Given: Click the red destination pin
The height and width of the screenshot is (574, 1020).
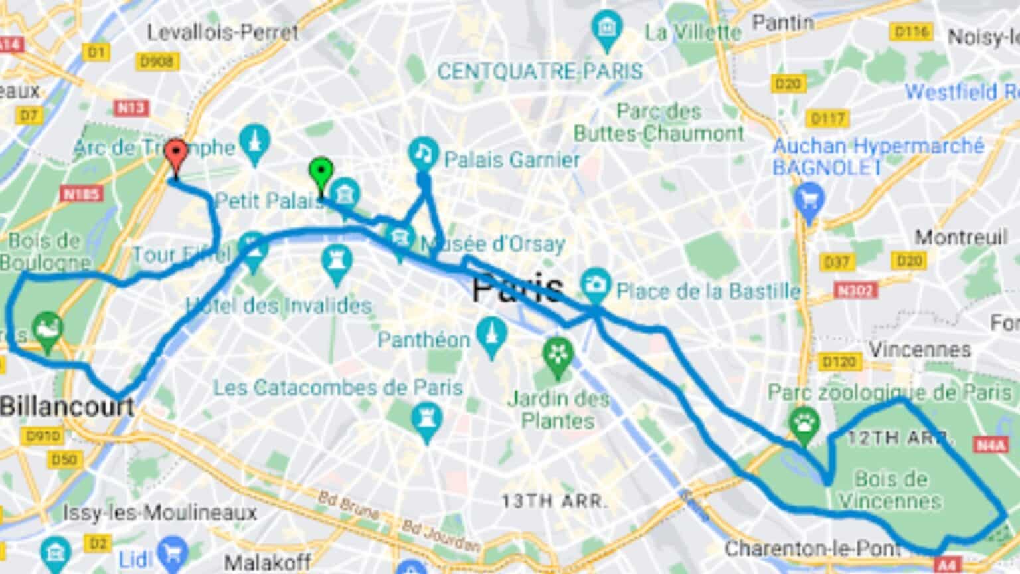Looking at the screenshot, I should pyautogui.click(x=175, y=153).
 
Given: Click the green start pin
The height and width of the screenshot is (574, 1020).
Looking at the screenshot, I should pyautogui.click(x=321, y=172).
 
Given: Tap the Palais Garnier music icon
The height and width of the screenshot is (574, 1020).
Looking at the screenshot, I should pyautogui.click(x=423, y=153).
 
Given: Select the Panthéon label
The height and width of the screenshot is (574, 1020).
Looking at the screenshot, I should pyautogui.click(x=424, y=339).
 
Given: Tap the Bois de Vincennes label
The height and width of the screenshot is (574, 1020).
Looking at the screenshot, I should pyautogui.click(x=891, y=490).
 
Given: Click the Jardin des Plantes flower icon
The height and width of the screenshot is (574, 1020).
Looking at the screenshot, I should pyautogui.click(x=558, y=355).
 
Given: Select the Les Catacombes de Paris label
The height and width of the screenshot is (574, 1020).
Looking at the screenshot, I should pyautogui.click(x=337, y=387).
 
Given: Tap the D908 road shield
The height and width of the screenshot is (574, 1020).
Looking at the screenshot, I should pyautogui.click(x=157, y=62).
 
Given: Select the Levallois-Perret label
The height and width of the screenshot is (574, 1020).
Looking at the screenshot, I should pyautogui.click(x=222, y=32).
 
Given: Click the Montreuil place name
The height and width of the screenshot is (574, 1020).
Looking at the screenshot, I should pyautogui.click(x=961, y=237).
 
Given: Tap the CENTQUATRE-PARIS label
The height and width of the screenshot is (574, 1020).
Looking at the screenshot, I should pyautogui.click(x=540, y=71).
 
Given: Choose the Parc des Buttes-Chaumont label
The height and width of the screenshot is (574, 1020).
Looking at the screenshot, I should pyautogui.click(x=659, y=122).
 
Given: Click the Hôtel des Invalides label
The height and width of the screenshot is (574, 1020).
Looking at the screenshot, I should pyautogui.click(x=278, y=306).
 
